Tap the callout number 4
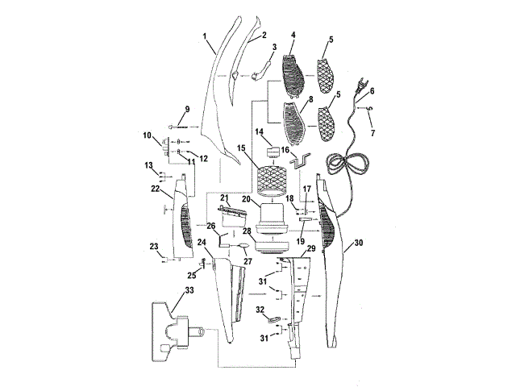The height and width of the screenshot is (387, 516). [x=293, y=35]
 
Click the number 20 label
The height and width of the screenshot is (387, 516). [x=247, y=198]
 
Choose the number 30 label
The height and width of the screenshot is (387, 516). [x=359, y=243]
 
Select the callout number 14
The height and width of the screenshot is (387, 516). [x=260, y=131]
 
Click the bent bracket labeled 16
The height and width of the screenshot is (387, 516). [x=300, y=161]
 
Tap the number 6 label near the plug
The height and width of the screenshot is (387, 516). [x=372, y=91]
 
